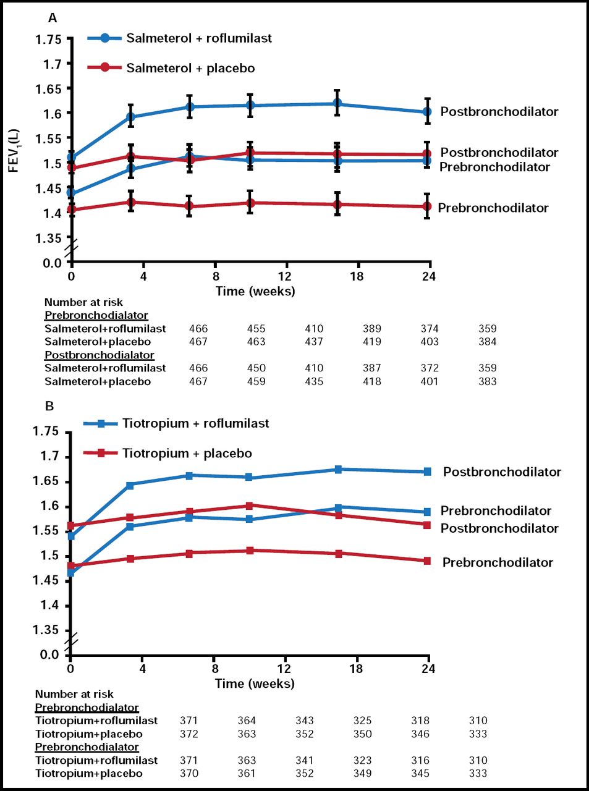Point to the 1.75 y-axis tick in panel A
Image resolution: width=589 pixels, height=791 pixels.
pyautogui.click(x=49, y=40)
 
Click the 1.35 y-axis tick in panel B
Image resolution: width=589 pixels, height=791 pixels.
pyautogui.click(x=49, y=630)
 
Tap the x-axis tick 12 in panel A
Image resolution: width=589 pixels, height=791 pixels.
pyautogui.click(x=286, y=276)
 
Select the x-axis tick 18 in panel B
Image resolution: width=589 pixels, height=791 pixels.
pyautogui.click(x=356, y=669)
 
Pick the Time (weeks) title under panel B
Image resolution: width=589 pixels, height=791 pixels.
pyautogui.click(x=255, y=683)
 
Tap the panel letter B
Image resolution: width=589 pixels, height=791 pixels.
pyautogui.click(x=49, y=406)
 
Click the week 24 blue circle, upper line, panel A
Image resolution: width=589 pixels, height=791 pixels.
pyautogui.click(x=427, y=112)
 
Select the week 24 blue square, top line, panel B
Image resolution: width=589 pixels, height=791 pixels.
pyautogui.click(x=427, y=472)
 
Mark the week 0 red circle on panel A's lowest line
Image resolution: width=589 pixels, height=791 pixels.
pyautogui.click(x=71, y=209)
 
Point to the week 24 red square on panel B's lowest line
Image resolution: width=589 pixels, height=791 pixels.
pyautogui.click(x=427, y=561)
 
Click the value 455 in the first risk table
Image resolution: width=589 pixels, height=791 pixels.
pyautogui.click(x=256, y=328)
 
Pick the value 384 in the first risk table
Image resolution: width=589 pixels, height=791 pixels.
pyautogui.click(x=487, y=341)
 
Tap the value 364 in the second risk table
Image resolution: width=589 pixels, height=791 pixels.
pyautogui.click(x=247, y=721)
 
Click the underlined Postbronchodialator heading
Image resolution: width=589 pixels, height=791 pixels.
pyautogui.click(x=100, y=355)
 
